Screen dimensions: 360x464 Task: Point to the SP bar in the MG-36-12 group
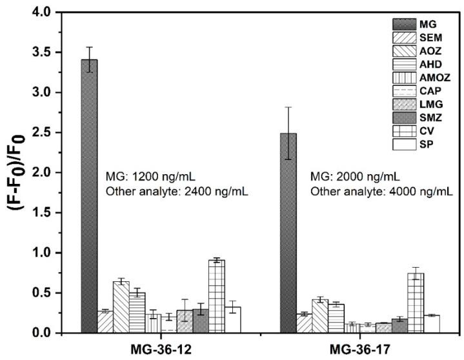click(x=233, y=320)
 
